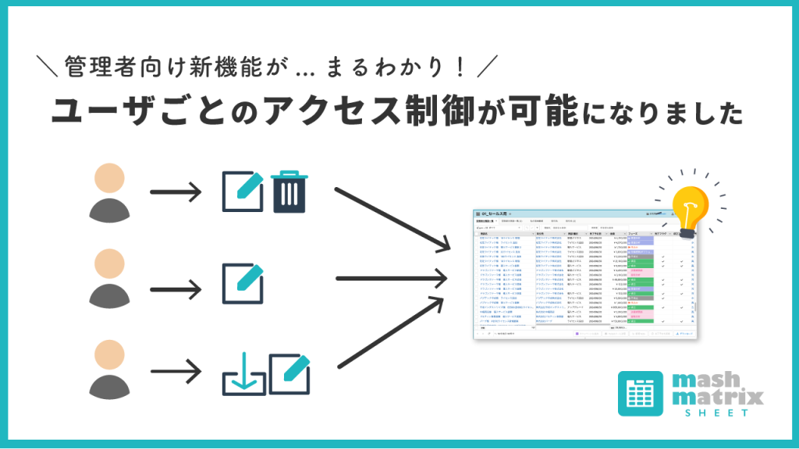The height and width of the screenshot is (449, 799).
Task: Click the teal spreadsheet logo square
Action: [641, 393]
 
